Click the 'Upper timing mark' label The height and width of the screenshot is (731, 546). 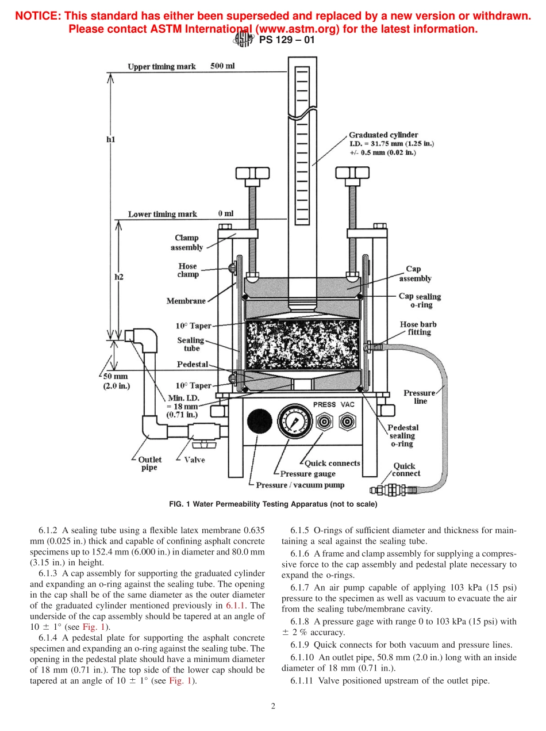tap(162, 67)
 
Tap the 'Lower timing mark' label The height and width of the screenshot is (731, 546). tap(162, 214)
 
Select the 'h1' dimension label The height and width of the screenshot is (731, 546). tap(111, 139)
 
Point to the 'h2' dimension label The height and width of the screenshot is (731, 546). tap(119, 277)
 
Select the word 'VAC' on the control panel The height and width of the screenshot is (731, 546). tap(348, 404)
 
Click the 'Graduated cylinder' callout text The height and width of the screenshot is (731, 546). tap(383, 135)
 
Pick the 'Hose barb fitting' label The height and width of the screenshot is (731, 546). tap(418, 328)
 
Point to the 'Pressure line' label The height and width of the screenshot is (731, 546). tap(419, 397)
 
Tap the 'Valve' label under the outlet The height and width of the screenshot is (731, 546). tap(194, 460)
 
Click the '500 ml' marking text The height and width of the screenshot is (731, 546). tap(222, 66)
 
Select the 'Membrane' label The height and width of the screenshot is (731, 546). tap(186, 301)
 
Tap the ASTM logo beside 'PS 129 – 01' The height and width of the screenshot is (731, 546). tap(243, 40)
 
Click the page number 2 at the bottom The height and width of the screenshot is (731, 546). tap(273, 706)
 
